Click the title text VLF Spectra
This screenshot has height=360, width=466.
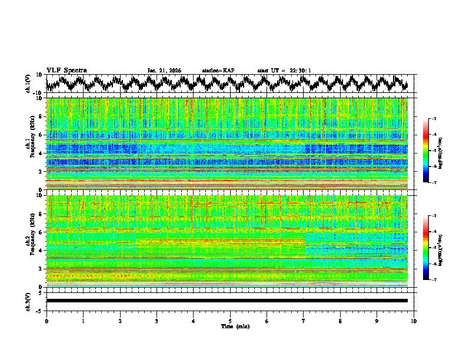pyautogui.click(x=66, y=70)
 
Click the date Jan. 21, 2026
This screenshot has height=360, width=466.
pyautogui.click(x=164, y=71)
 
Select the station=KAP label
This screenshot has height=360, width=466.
pyautogui.click(x=218, y=71)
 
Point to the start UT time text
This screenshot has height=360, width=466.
pyautogui.click(x=284, y=71)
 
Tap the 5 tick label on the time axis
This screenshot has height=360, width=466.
pyautogui.click(x=230, y=321)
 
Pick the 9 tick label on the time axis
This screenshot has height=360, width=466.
pyautogui.click(x=377, y=321)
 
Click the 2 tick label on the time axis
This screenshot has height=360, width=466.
pyautogui.click(x=120, y=321)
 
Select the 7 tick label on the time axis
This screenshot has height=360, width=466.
pyautogui.click(x=304, y=321)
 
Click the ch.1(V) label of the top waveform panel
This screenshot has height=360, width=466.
pyautogui.click(x=29, y=84)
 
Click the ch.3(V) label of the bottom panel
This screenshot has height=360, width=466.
pyautogui.click(x=29, y=301)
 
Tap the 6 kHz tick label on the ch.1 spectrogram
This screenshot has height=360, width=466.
pyautogui.click(x=41, y=135)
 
